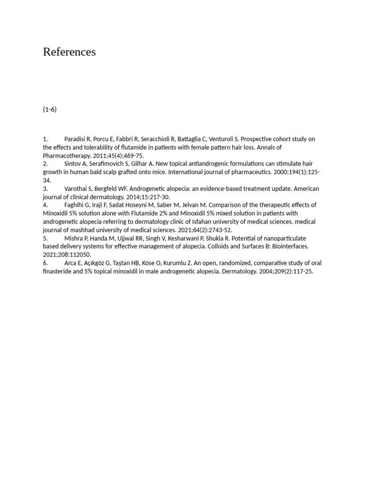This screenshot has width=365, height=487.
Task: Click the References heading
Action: (x=69, y=52)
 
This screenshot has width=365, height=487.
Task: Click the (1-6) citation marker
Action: (x=49, y=109)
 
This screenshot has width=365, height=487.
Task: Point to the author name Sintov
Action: (x=73, y=164)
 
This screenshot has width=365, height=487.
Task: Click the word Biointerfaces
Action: (x=289, y=246)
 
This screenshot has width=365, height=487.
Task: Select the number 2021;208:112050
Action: (x=67, y=255)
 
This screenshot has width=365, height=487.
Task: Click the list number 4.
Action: (x=45, y=205)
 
